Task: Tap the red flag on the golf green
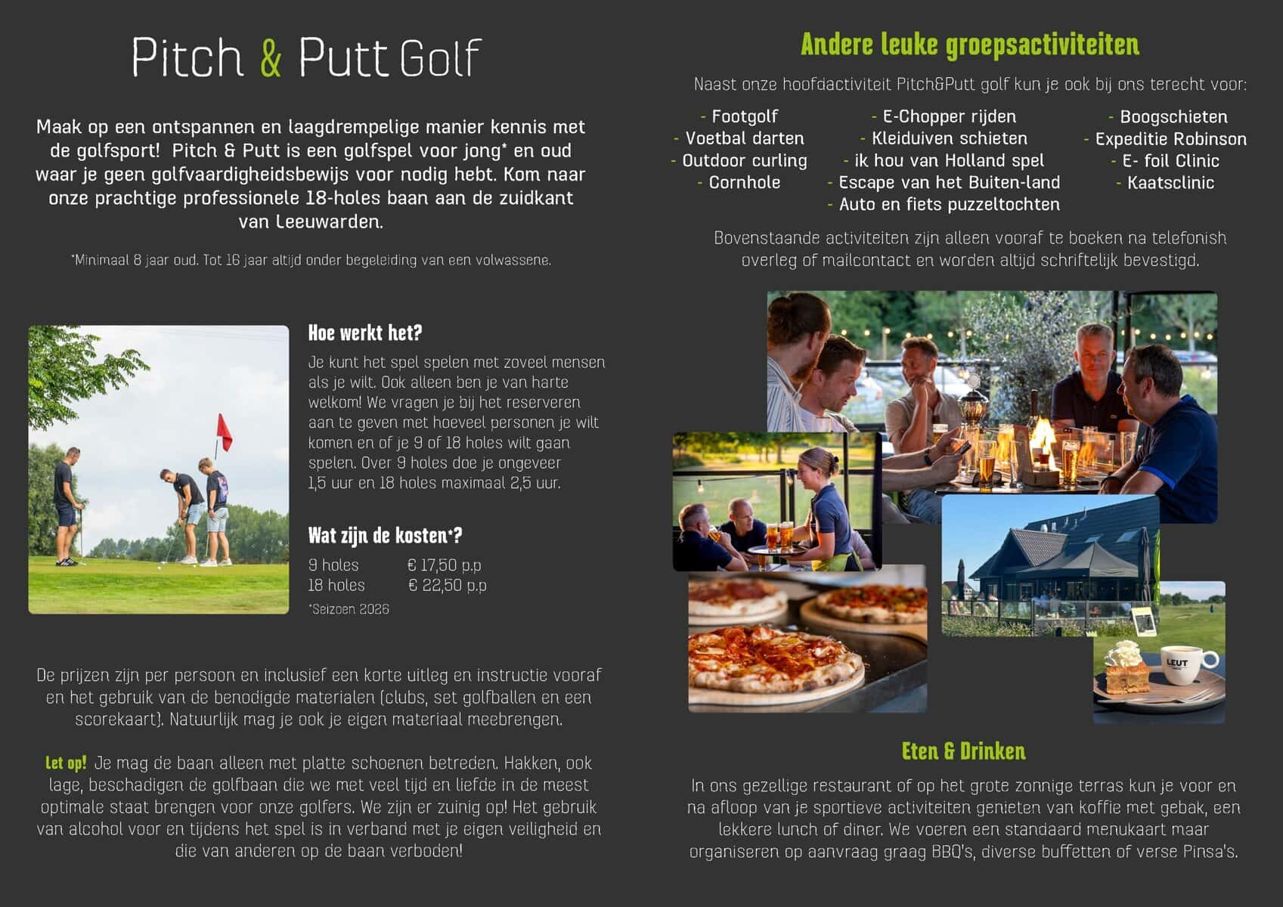[224, 432]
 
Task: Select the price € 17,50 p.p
[444, 565]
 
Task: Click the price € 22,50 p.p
[447, 585]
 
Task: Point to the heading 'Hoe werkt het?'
[364, 333]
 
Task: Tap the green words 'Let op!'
[66, 763]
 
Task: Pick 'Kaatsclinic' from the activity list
[1170, 183]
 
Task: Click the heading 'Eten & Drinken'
[963, 751]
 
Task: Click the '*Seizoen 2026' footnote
[349, 609]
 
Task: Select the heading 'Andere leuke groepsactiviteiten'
[969, 45]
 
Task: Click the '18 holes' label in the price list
[336, 585]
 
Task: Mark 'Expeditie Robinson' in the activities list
[1170, 139]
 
